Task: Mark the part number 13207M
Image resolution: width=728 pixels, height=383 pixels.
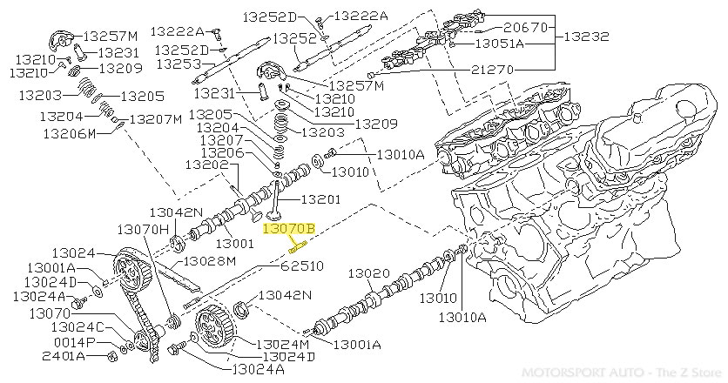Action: (156, 119)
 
